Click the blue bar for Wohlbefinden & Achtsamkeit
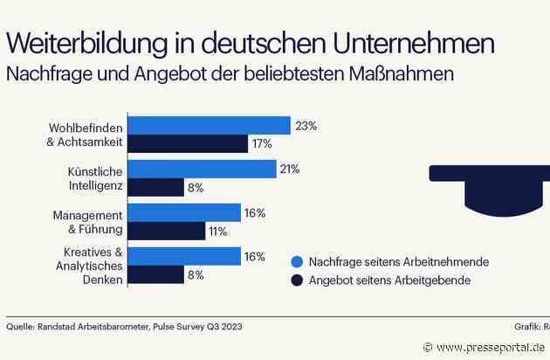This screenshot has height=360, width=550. click(x=210, y=126)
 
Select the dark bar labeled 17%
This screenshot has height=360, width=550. click(x=189, y=144)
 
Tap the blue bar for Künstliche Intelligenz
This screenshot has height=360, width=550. click(x=203, y=169)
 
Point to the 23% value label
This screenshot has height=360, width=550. click(x=306, y=126)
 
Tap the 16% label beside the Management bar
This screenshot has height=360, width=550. click(x=255, y=212)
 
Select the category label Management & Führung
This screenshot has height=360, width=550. click(x=86, y=222)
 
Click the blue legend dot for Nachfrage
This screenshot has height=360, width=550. click(x=295, y=261)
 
